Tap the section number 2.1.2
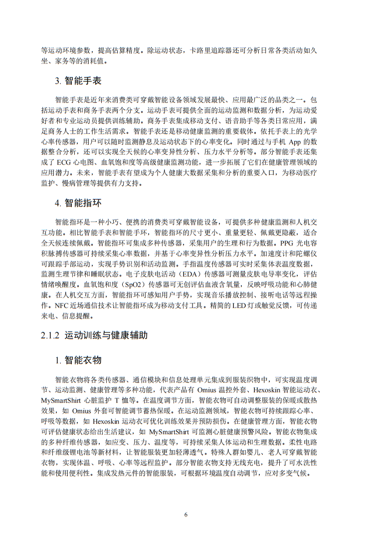50,335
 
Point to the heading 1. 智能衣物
78,360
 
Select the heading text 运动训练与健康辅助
106,335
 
